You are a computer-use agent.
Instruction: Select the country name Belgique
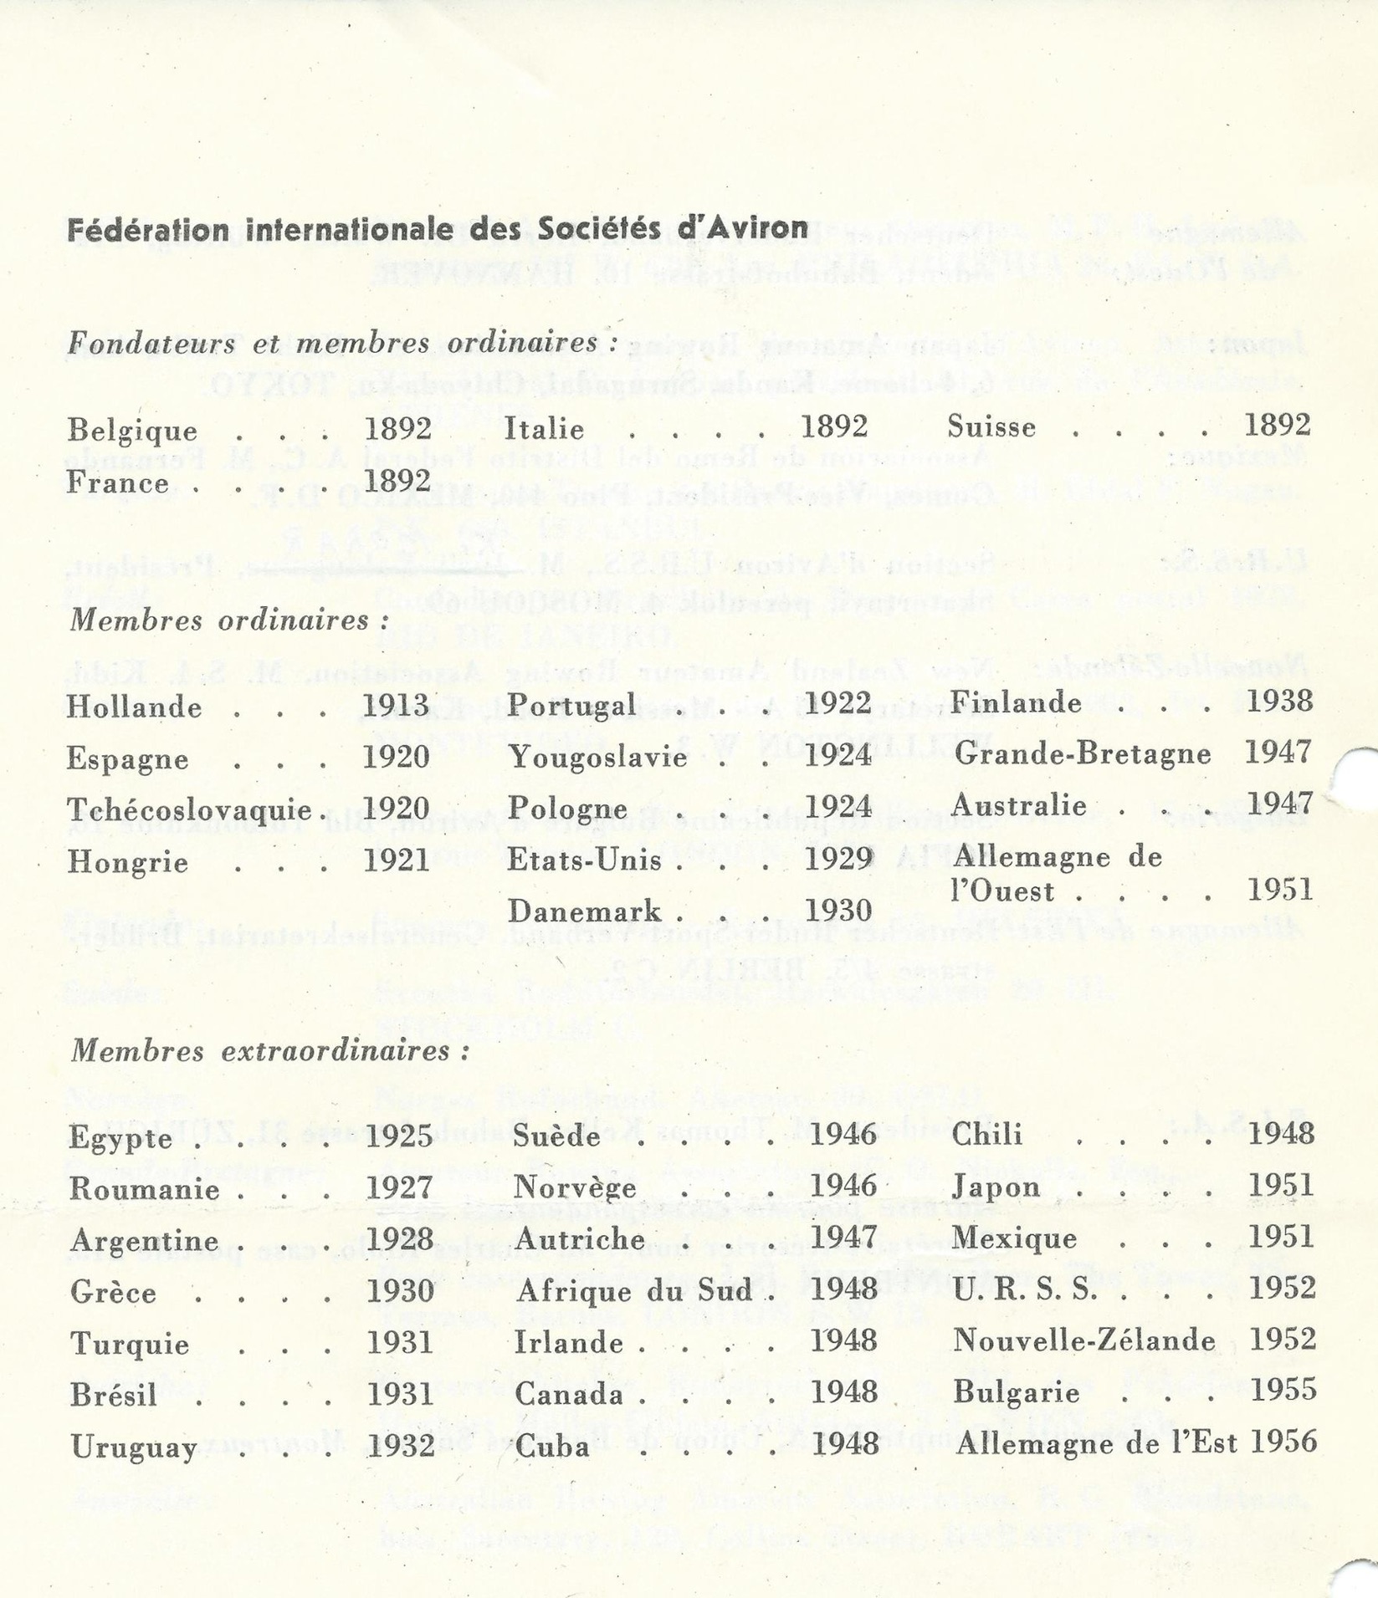133,431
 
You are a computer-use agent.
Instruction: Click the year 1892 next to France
398,482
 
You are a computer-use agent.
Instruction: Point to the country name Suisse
991,427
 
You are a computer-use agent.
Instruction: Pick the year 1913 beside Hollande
396,706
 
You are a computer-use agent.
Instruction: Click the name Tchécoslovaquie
189,809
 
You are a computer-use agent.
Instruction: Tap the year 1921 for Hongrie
397,860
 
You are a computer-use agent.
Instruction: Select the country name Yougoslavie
598,758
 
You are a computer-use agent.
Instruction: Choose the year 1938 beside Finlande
1279,702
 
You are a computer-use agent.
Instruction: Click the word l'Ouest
1003,891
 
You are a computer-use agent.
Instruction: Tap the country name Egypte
121,1137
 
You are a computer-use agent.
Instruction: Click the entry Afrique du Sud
634,1291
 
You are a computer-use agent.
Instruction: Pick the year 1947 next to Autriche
844,1238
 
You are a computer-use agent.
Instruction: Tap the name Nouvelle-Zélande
1083,1341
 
